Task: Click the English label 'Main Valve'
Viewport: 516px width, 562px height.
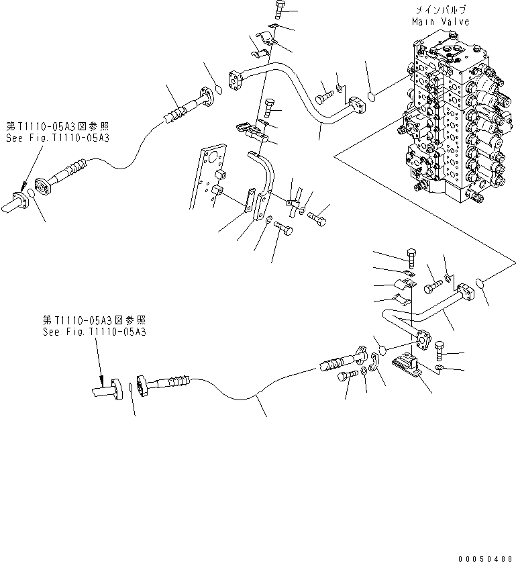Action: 440,21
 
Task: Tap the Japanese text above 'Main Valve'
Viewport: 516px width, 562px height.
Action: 440,11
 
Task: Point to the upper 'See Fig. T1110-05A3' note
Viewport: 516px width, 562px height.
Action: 58,137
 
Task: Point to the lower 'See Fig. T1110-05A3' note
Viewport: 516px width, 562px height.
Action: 95,332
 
